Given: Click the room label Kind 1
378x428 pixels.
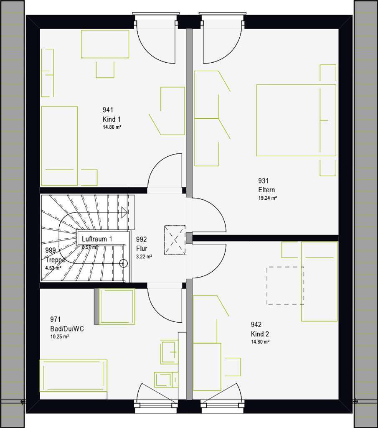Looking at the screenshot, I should [x=112, y=119].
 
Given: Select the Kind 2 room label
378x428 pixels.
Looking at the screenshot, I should [x=259, y=334].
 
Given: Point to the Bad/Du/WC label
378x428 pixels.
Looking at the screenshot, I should [x=67, y=329].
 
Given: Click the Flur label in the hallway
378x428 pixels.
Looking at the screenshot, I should [x=142, y=248].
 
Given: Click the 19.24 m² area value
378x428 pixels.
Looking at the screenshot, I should [x=268, y=198].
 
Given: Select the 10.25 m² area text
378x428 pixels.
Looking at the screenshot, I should [x=60, y=336].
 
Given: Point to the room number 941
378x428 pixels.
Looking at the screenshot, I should [x=108, y=110].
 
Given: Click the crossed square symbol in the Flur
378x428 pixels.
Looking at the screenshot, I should [x=174, y=239].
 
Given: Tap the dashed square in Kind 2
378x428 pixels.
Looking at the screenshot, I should [x=285, y=285].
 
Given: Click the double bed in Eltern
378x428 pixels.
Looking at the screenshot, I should [x=296, y=120].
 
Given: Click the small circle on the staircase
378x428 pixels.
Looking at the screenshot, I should [x=123, y=263].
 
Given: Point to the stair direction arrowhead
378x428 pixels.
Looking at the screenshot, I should [x=124, y=212].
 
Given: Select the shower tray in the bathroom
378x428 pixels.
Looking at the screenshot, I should [x=117, y=306].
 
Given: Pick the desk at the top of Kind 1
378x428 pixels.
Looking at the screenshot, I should [x=105, y=44].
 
